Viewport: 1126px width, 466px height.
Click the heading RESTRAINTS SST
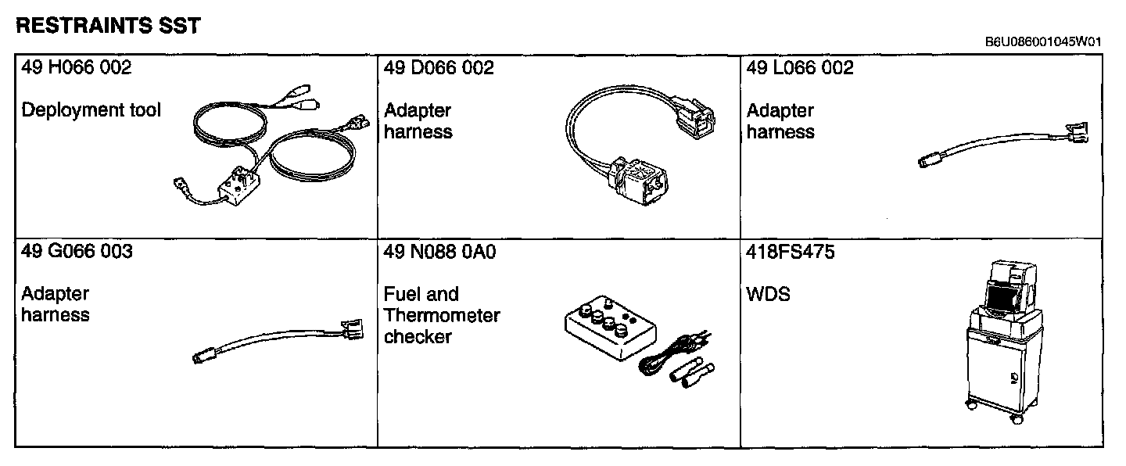(x=108, y=26)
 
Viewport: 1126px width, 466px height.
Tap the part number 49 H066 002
(x=77, y=68)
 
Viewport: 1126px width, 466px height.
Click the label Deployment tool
(x=91, y=110)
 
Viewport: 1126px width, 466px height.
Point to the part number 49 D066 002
(x=439, y=68)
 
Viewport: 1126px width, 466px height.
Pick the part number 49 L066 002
(x=800, y=68)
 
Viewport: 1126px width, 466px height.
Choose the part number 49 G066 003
(x=77, y=252)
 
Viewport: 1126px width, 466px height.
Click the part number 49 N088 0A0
(x=440, y=252)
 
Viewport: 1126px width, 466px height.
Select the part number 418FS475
(x=791, y=252)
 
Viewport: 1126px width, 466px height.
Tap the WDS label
(x=768, y=295)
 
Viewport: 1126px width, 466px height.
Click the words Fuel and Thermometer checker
(x=442, y=315)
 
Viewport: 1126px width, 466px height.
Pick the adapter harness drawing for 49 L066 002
(x=1005, y=148)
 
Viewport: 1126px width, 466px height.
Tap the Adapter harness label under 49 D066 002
(x=418, y=121)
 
